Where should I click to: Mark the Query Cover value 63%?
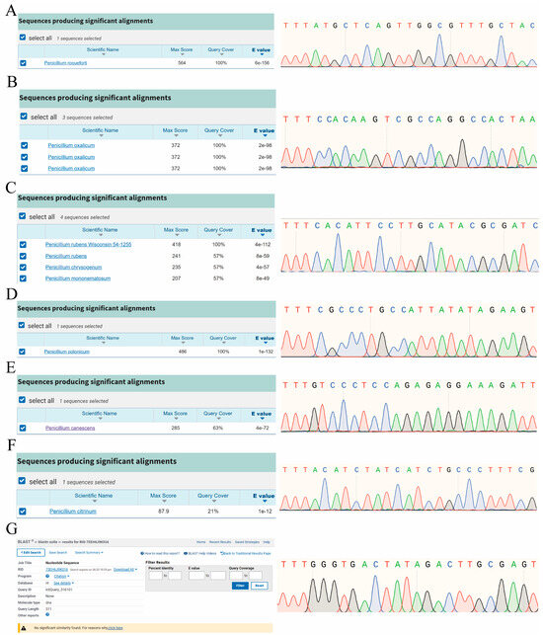click(216, 427)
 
